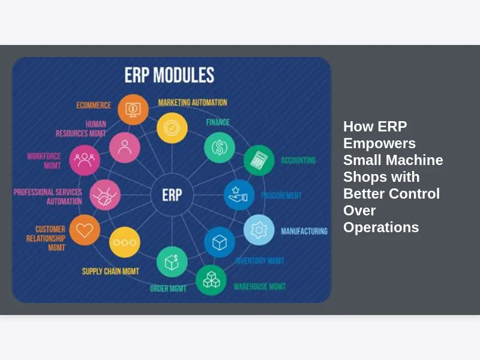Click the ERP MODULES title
pyautogui.click(x=169, y=76)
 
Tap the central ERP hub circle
pyautogui.click(x=172, y=194)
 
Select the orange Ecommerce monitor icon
pyautogui.click(x=133, y=109)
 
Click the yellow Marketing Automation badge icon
pyautogui.click(x=172, y=128)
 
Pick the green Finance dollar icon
pyautogui.click(x=219, y=147)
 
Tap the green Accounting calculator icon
pyautogui.click(x=259, y=160)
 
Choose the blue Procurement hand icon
pyautogui.click(x=239, y=194)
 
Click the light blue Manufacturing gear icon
pyautogui.click(x=259, y=230)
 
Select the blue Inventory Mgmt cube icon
pyautogui.click(x=219, y=242)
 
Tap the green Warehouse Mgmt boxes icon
pyautogui.click(x=211, y=280)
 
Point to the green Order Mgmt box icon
pyautogui.click(x=172, y=262)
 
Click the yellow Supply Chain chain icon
pyautogui.click(x=125, y=242)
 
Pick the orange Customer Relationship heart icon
pyautogui.click(x=85, y=230)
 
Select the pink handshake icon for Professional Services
pyautogui.click(x=105, y=194)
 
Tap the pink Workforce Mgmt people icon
pyautogui.click(x=85, y=160)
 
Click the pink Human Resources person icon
pyautogui.click(x=125, y=147)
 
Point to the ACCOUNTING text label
pyautogui.click(x=298, y=161)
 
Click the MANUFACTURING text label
pyautogui.click(x=304, y=231)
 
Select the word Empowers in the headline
pyautogui.click(x=379, y=143)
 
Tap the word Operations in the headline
pyautogui.click(x=380, y=227)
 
